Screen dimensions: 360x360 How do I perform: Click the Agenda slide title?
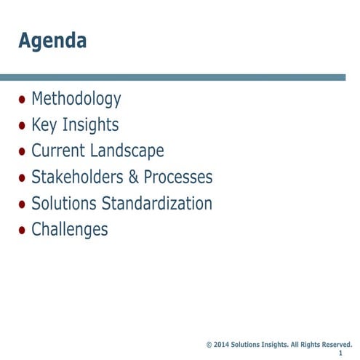click(52, 41)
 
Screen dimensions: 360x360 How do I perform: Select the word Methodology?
click(76, 99)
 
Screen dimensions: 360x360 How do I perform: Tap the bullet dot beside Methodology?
click(23, 100)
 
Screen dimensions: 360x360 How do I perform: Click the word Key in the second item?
click(44, 125)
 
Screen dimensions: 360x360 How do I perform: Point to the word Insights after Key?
click(90, 125)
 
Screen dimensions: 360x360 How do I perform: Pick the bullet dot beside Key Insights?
click(23, 126)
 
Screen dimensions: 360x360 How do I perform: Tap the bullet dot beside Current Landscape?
click(23, 152)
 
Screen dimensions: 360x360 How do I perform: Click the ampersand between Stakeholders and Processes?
click(133, 177)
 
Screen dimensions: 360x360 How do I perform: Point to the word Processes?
click(178, 177)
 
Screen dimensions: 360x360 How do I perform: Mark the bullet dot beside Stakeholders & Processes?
click(23, 178)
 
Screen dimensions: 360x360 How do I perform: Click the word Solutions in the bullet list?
click(63, 204)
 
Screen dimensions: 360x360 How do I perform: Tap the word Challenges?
click(69, 230)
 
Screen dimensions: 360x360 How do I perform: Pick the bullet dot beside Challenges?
click(23, 231)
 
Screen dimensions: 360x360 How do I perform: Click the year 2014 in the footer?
click(222, 344)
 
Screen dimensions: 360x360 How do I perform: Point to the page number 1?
click(340, 353)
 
